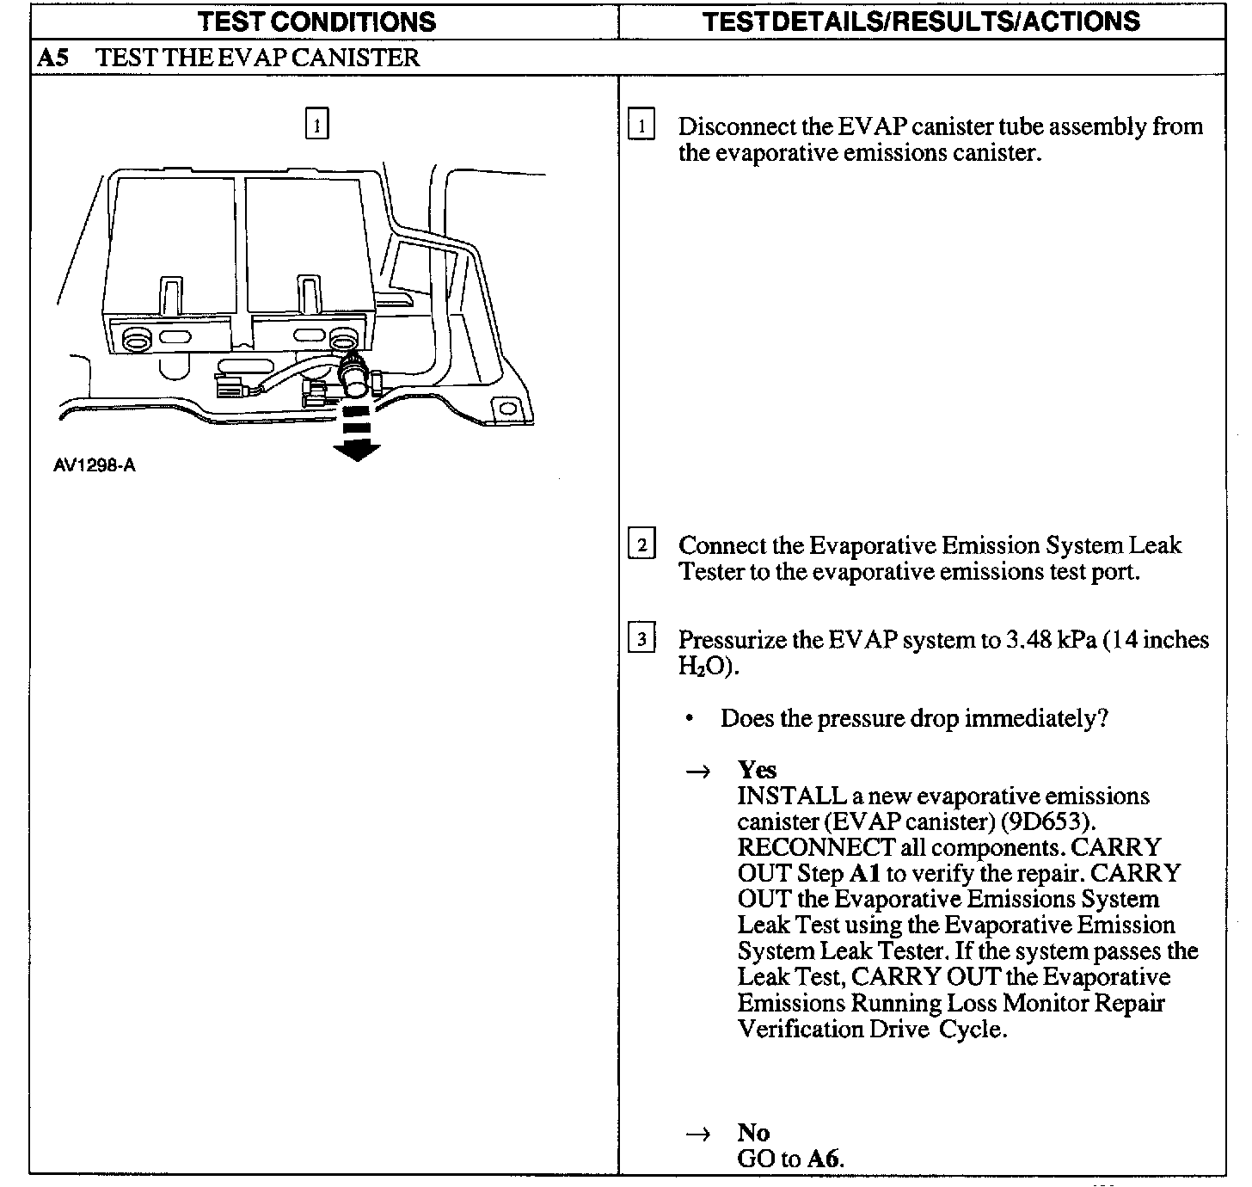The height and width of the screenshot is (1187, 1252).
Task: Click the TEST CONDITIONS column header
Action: [x=316, y=21]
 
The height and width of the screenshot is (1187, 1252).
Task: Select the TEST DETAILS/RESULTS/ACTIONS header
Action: [x=921, y=21]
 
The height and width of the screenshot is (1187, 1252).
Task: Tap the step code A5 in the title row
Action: [x=54, y=58]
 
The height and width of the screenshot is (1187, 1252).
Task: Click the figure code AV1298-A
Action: [x=94, y=466]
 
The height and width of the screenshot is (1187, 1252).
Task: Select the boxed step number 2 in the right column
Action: [x=641, y=544]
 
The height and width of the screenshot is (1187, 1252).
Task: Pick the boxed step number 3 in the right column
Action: [x=641, y=639]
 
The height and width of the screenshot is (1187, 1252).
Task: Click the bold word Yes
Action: [x=757, y=770]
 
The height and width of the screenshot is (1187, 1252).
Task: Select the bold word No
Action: [x=753, y=1133]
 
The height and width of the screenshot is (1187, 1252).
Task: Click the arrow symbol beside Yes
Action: [x=697, y=772]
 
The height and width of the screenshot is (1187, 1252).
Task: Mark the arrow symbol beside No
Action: [x=697, y=1135]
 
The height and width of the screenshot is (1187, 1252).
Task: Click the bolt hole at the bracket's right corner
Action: [x=508, y=407]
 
